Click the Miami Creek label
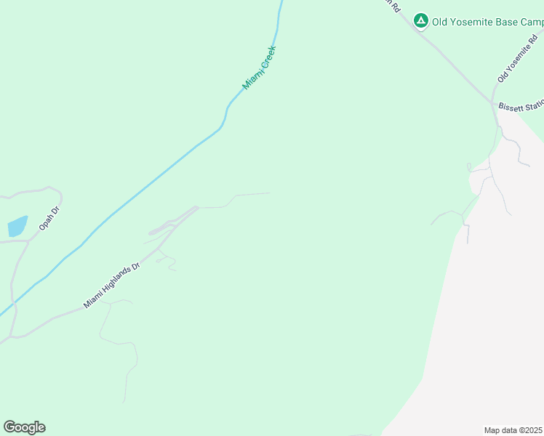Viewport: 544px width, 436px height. coord(260,69)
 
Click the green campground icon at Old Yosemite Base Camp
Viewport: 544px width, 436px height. coord(420,20)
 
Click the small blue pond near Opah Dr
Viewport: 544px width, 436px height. coord(17,226)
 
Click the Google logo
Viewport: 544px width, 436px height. coord(24,427)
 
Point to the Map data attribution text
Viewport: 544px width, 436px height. coord(513,429)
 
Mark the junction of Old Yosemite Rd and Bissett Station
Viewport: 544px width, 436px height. coord(495,104)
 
